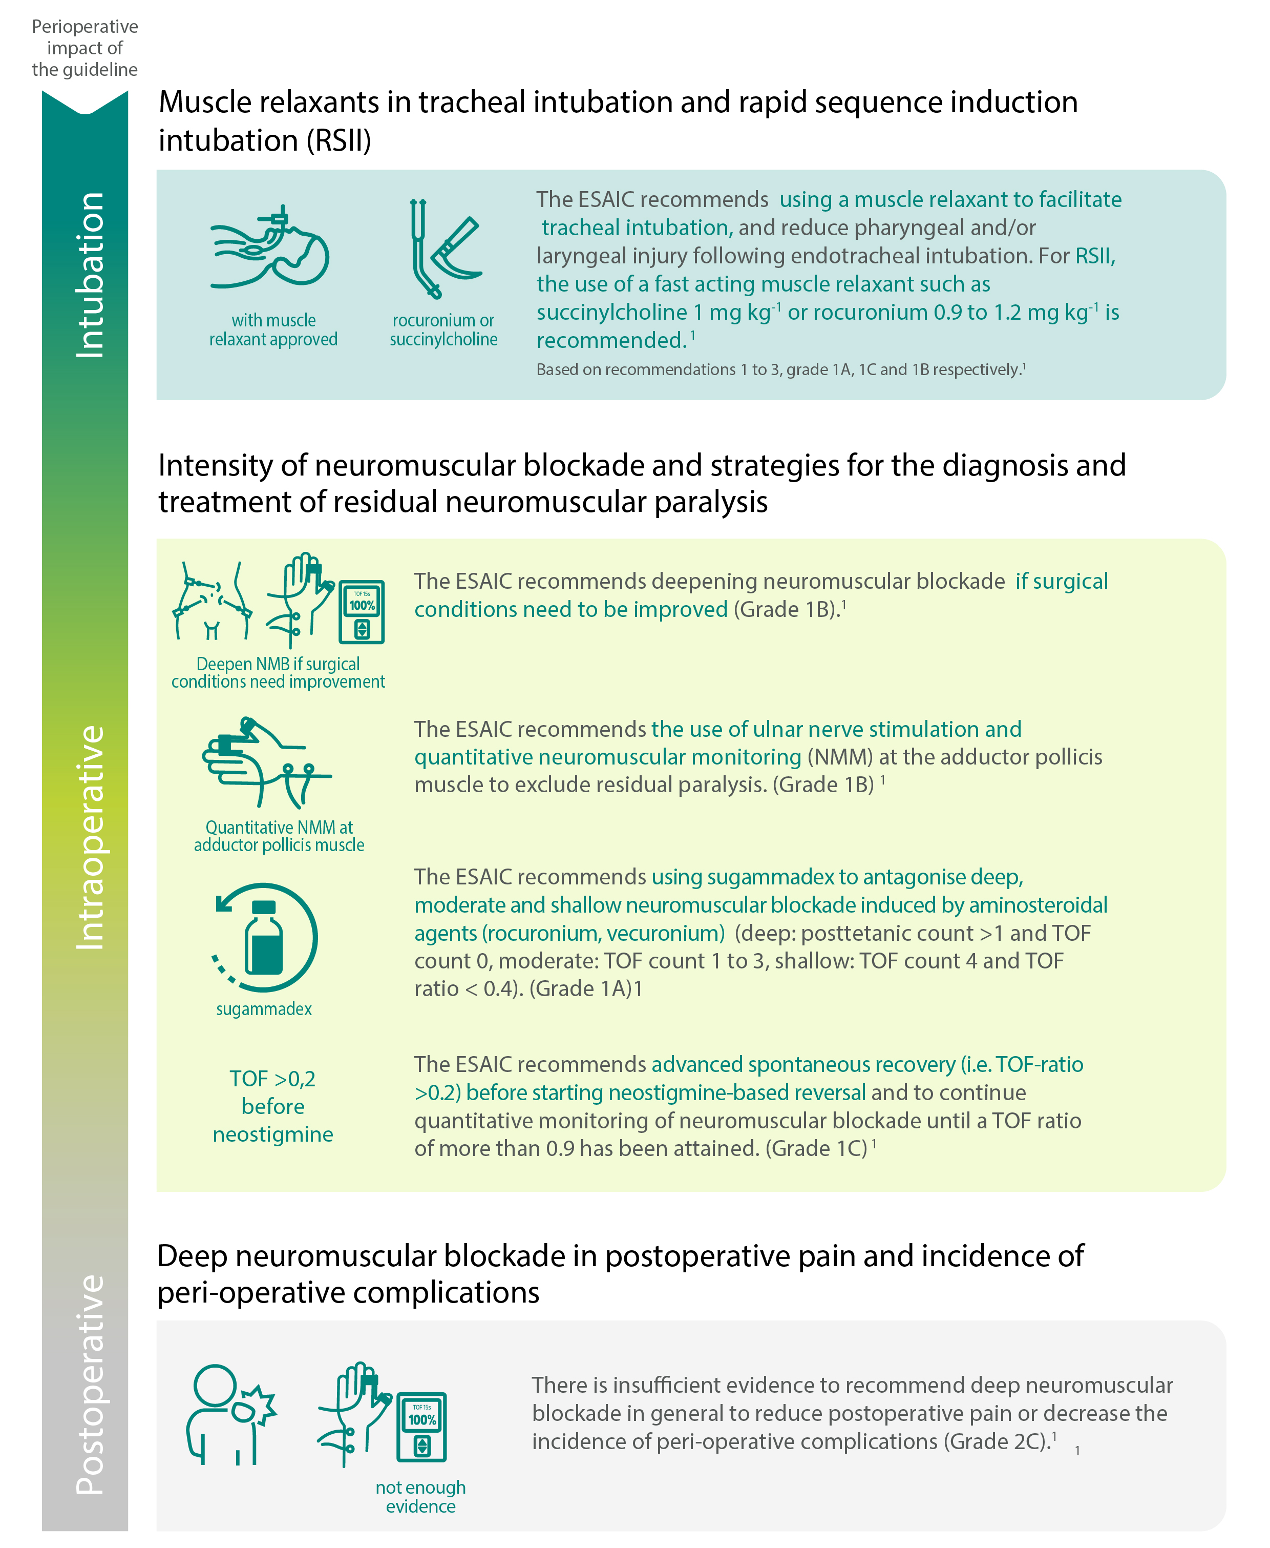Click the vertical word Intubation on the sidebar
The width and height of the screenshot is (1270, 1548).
click(90, 275)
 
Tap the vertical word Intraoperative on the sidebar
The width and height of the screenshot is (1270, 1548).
click(90, 837)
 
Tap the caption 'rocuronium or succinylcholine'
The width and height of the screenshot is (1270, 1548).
click(443, 329)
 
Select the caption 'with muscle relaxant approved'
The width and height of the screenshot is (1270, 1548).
click(273, 329)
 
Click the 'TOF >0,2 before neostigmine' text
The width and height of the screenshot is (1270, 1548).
click(273, 1106)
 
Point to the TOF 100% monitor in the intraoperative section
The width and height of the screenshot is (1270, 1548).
click(362, 612)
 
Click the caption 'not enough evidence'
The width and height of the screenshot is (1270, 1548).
click(420, 1496)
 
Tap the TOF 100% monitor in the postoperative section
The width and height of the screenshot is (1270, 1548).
click(421, 1427)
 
